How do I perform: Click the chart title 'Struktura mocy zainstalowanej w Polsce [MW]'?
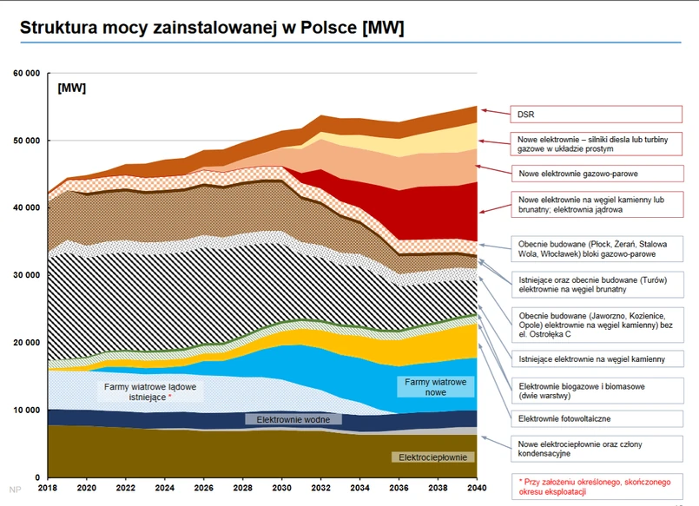pos(212,28)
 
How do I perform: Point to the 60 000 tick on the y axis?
pos(26,73)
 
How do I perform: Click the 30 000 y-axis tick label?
pos(26,275)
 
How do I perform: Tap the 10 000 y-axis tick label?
pos(26,410)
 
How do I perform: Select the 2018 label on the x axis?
pos(49,490)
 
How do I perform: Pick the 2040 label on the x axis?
pos(477,490)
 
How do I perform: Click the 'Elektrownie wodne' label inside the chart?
pos(293,419)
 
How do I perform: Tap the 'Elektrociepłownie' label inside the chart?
pos(433,457)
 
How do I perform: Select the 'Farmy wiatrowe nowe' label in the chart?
pos(435,388)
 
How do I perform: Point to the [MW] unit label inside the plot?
pos(71,89)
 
